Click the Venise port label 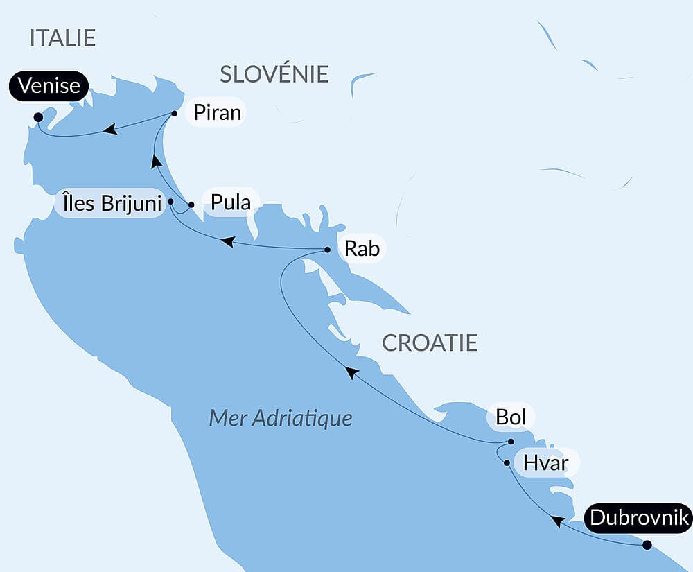[49, 87]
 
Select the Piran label [218, 113]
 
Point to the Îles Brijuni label [109, 205]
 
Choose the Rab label [362, 248]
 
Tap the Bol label [511, 417]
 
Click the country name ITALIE [62, 38]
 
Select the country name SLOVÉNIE [274, 73]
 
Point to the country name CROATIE [430, 343]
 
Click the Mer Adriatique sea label [281, 418]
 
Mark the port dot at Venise [37, 118]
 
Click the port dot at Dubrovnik [647, 545]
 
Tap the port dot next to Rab [328, 250]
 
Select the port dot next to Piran [175, 113]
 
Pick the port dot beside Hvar [507, 462]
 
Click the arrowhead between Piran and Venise [109, 129]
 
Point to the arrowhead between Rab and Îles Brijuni [227, 241]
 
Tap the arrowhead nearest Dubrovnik [556, 520]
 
